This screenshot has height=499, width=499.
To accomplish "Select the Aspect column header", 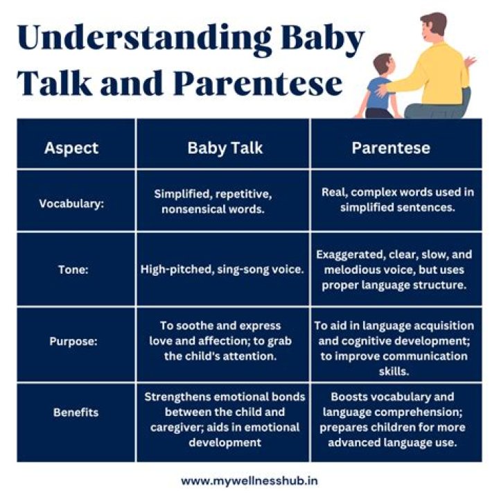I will click(71, 148).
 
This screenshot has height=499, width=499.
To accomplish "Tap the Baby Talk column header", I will click(222, 148).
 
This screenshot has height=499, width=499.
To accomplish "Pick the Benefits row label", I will click(76, 412).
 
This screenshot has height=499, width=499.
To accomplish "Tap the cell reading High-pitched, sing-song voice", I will click(222, 270).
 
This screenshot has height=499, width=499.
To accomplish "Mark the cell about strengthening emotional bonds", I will click(224, 419).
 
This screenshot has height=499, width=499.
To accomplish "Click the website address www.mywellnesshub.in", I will click(249, 480).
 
